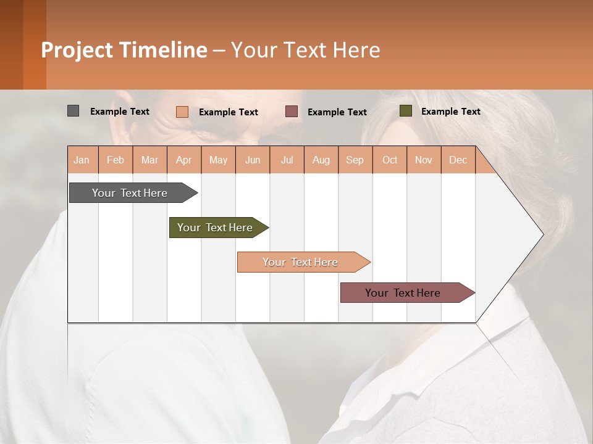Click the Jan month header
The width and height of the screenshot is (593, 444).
(x=82, y=160)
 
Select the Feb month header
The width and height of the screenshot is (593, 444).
(x=116, y=160)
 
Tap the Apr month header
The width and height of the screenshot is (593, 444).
(x=183, y=160)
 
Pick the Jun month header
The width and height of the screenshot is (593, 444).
(x=253, y=160)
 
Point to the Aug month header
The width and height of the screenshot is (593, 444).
(x=321, y=160)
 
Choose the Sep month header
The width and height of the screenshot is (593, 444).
(x=355, y=160)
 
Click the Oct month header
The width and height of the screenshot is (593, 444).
(x=390, y=160)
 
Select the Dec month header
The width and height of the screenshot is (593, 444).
(x=458, y=160)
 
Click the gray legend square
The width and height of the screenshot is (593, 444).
(x=73, y=111)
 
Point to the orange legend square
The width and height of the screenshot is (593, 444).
(x=182, y=112)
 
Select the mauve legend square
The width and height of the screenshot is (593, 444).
(x=292, y=112)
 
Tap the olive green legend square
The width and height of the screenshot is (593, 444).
(x=405, y=111)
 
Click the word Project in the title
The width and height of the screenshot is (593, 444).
(x=77, y=50)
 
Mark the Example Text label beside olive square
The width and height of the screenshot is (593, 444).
(x=450, y=112)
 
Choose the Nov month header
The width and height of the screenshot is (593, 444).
(x=423, y=160)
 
